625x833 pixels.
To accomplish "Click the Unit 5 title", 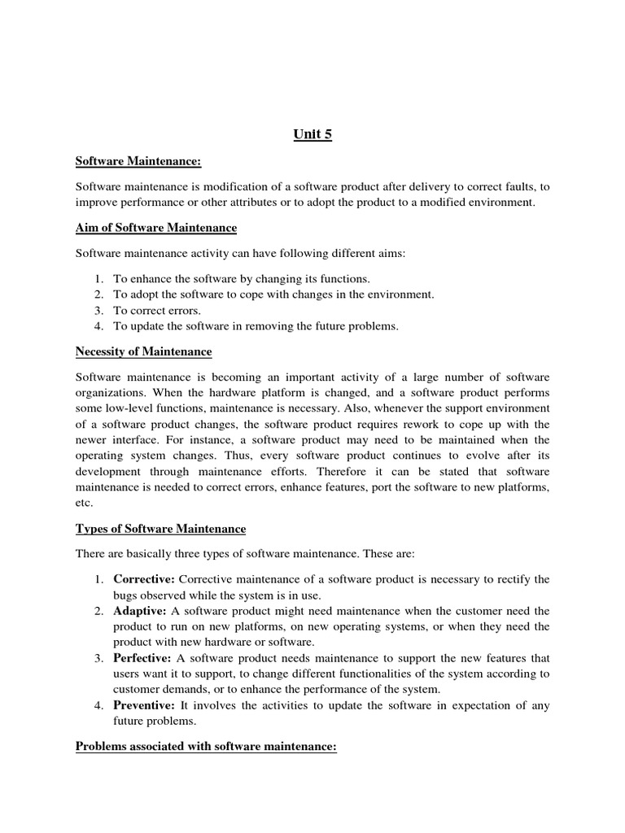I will [312, 135].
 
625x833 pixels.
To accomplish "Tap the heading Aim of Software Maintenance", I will [156, 229].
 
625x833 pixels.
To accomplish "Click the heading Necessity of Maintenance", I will [143, 351].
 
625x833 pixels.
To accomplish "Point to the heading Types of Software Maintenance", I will [160, 529].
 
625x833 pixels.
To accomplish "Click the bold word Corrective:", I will [143, 579].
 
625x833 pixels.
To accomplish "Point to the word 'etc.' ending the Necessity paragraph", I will [85, 504].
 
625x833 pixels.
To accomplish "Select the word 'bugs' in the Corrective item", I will [126, 595].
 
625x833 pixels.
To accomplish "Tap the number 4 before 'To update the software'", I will [98, 325].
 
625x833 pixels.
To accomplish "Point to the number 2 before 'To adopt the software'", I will [98, 294].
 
